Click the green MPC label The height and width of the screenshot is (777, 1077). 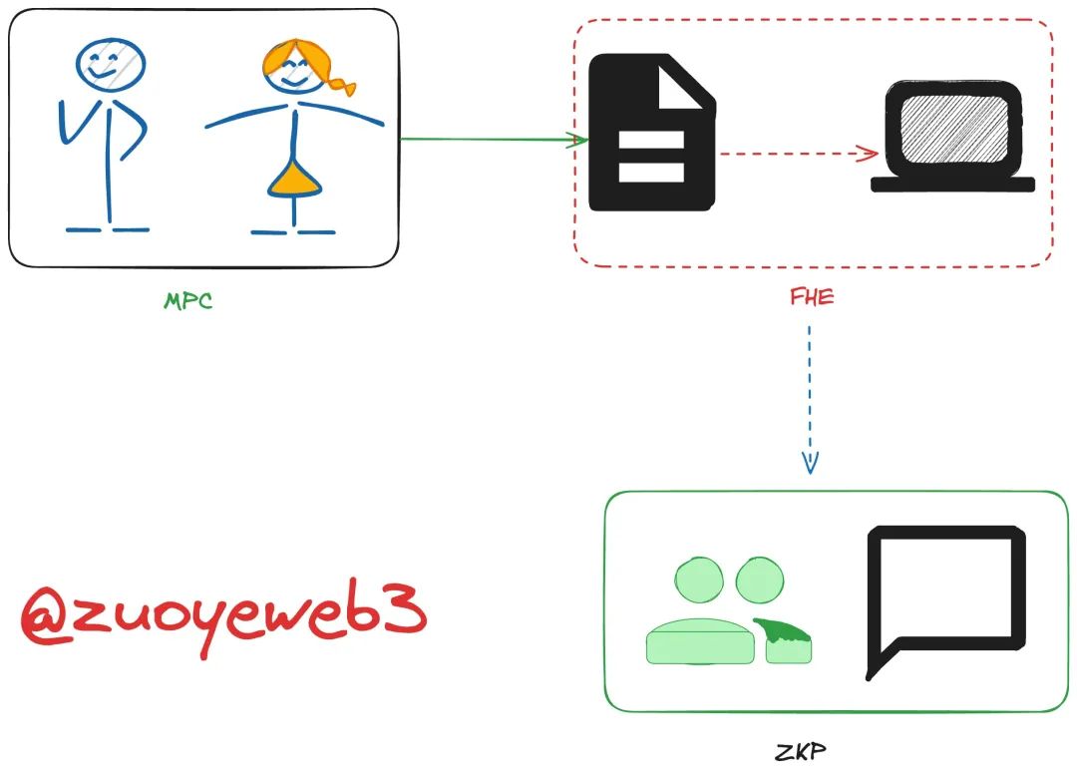click(188, 300)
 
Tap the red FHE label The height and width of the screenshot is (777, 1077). click(810, 297)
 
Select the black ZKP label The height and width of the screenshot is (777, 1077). click(800, 751)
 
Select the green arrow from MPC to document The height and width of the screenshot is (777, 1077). click(489, 139)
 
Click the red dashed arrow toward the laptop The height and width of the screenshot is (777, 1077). click(798, 154)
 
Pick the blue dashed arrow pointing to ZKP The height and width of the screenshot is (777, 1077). click(810, 399)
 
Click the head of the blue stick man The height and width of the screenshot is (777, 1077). click(110, 64)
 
